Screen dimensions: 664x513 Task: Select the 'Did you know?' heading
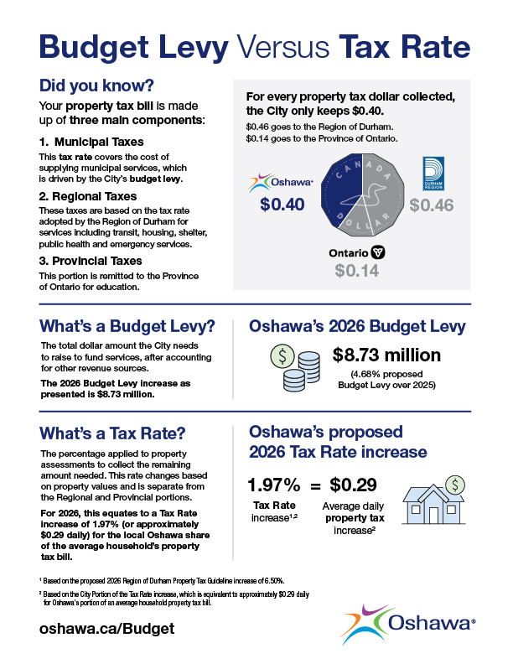click(x=96, y=86)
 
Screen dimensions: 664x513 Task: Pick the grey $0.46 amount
click(x=431, y=205)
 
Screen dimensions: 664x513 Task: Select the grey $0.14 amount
click(x=356, y=271)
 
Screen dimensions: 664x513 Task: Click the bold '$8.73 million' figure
click(x=386, y=355)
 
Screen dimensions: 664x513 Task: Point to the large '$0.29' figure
click(x=352, y=484)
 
